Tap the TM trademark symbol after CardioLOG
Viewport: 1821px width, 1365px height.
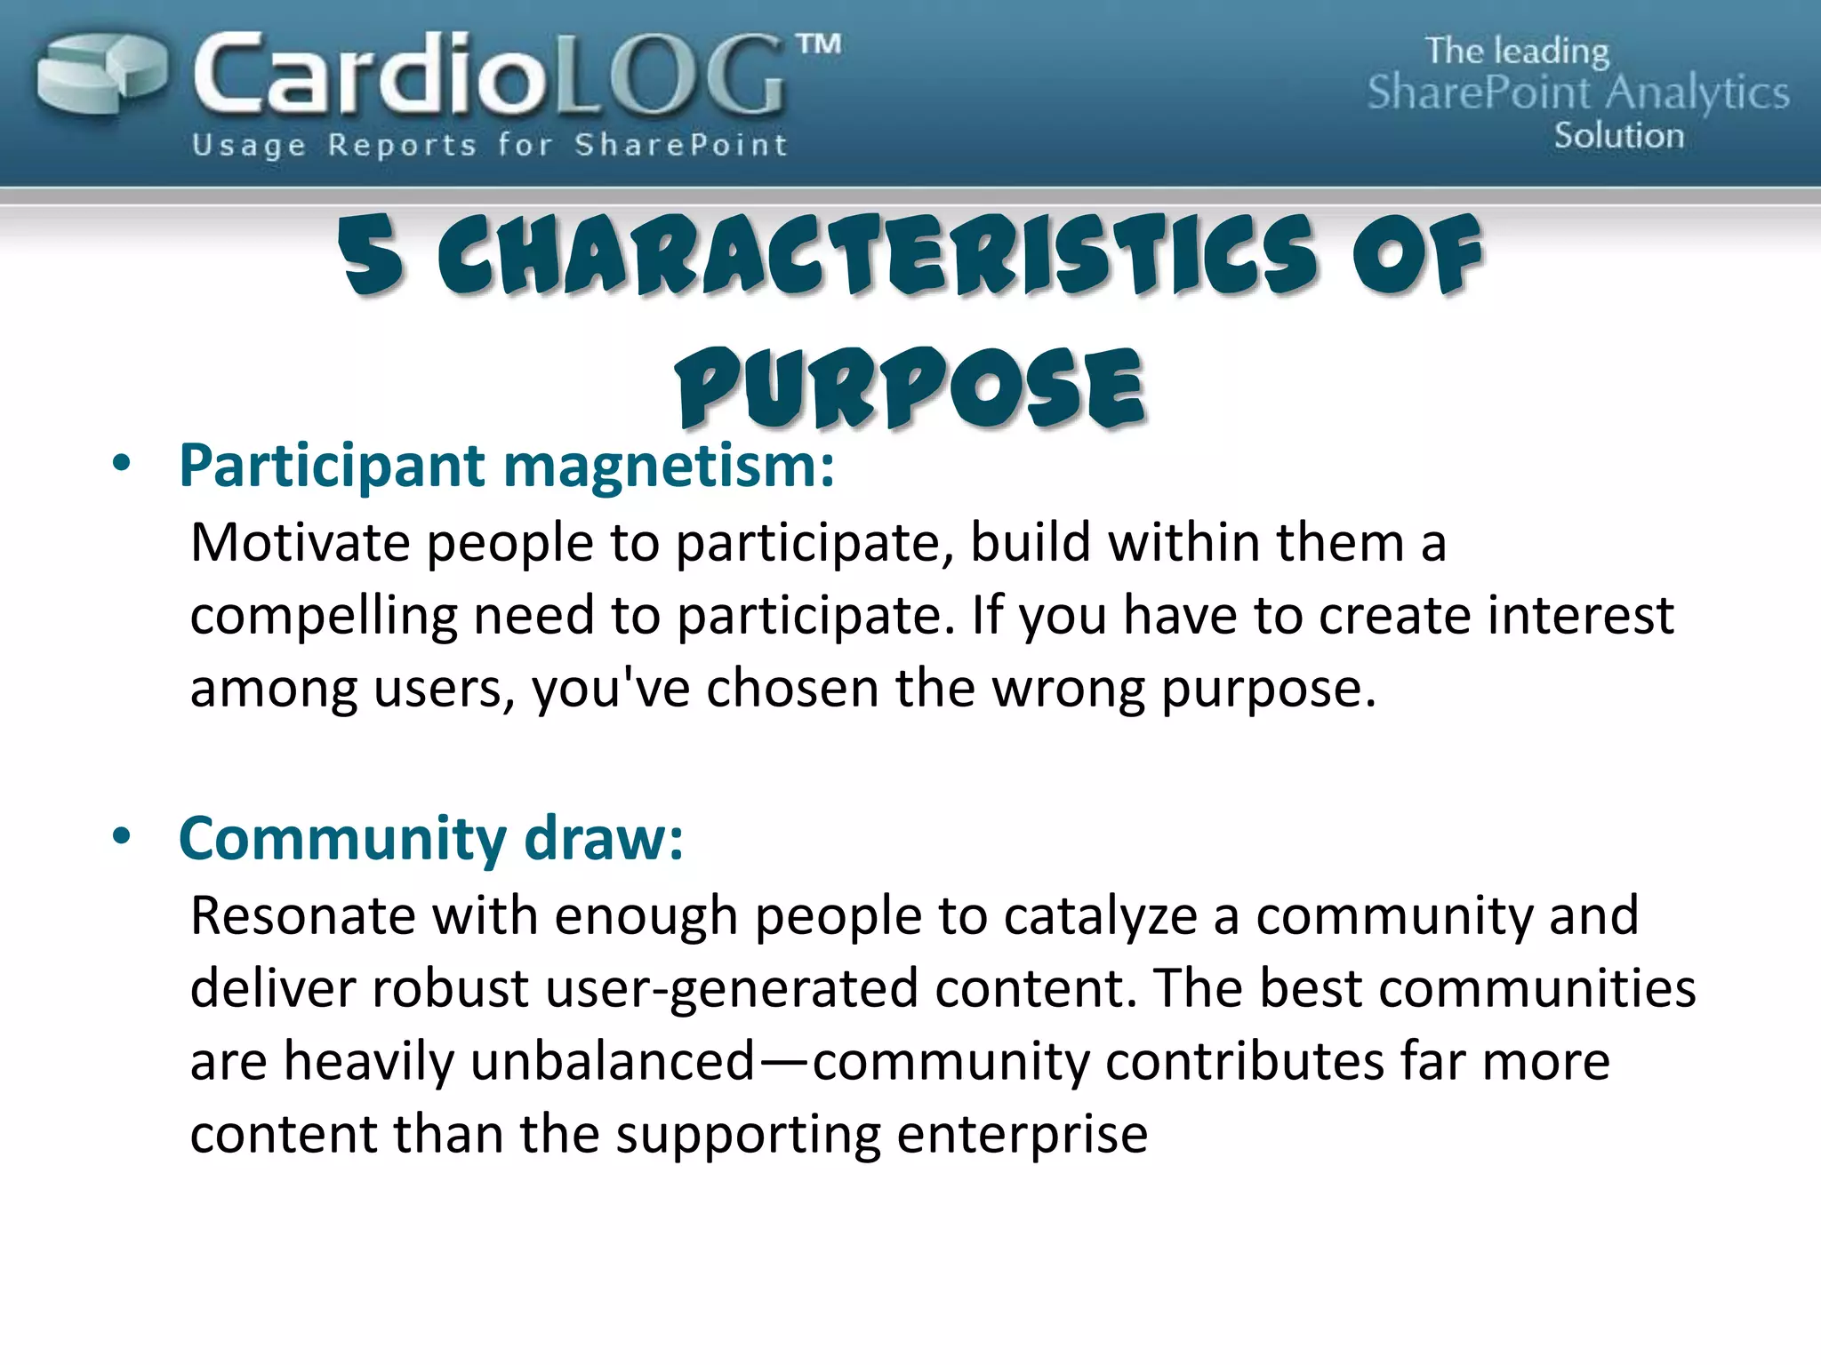(817, 44)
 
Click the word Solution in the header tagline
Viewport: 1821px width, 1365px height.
(1618, 136)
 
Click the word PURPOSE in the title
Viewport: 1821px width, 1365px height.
(910, 389)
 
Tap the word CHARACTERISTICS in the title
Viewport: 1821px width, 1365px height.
(876, 256)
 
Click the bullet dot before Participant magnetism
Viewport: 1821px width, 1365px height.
(121, 463)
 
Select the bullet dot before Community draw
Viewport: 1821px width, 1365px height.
(121, 836)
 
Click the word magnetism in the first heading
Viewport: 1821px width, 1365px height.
(669, 466)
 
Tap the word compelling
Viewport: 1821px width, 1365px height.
(323, 616)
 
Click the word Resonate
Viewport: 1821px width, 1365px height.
(303, 915)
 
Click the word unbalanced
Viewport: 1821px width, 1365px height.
(612, 1061)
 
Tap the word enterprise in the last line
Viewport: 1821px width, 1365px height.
(1022, 1135)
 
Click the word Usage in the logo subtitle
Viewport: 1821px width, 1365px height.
(249, 145)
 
